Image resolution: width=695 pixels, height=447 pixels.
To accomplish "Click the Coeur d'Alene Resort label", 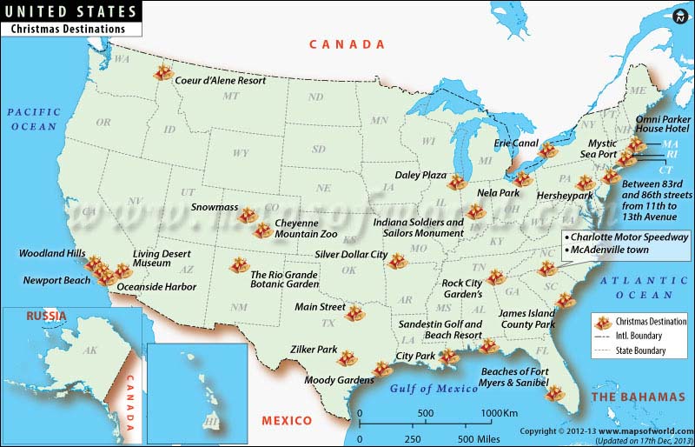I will (x=220, y=80).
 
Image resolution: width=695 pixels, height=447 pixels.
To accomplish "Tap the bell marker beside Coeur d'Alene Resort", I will (x=162, y=75).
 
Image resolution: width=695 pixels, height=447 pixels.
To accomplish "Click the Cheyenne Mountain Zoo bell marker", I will (x=261, y=230).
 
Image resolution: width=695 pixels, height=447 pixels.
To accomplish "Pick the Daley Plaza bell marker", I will (x=457, y=182).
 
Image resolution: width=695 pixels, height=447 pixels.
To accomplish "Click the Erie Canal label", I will (x=514, y=143).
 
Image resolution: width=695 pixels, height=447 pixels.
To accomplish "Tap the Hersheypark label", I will (x=562, y=197).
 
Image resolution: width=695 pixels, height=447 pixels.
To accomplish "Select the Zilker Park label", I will (x=315, y=350).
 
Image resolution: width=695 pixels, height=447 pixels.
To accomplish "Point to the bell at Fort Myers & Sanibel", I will (x=552, y=393).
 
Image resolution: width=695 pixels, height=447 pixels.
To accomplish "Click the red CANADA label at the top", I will (x=347, y=44).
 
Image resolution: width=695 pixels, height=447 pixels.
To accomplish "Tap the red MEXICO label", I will (x=287, y=421).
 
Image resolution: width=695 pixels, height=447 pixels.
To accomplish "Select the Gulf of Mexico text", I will (x=434, y=388).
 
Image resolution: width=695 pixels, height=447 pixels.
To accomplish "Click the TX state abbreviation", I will (x=328, y=323).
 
